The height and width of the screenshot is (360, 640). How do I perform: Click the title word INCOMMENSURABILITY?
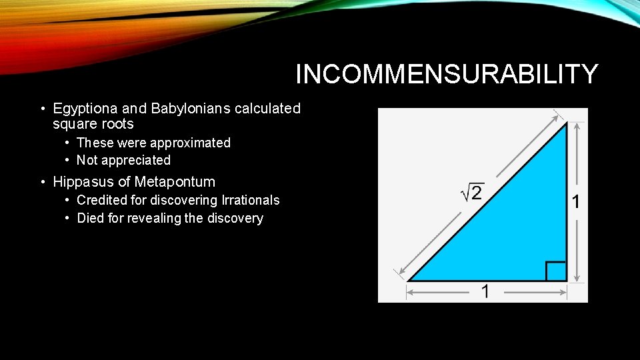(447, 74)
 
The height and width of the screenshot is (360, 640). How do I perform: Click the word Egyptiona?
(81, 108)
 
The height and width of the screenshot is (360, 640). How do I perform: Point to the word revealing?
(158, 218)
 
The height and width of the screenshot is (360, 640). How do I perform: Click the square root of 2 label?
(473, 193)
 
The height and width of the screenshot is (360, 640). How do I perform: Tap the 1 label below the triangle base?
(486, 291)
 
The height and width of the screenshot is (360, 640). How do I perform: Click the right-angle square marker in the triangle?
(555, 271)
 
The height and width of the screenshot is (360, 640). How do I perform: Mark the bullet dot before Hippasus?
(42, 182)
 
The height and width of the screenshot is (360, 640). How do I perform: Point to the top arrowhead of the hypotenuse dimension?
(557, 114)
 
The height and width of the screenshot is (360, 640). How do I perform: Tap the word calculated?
(268, 108)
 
